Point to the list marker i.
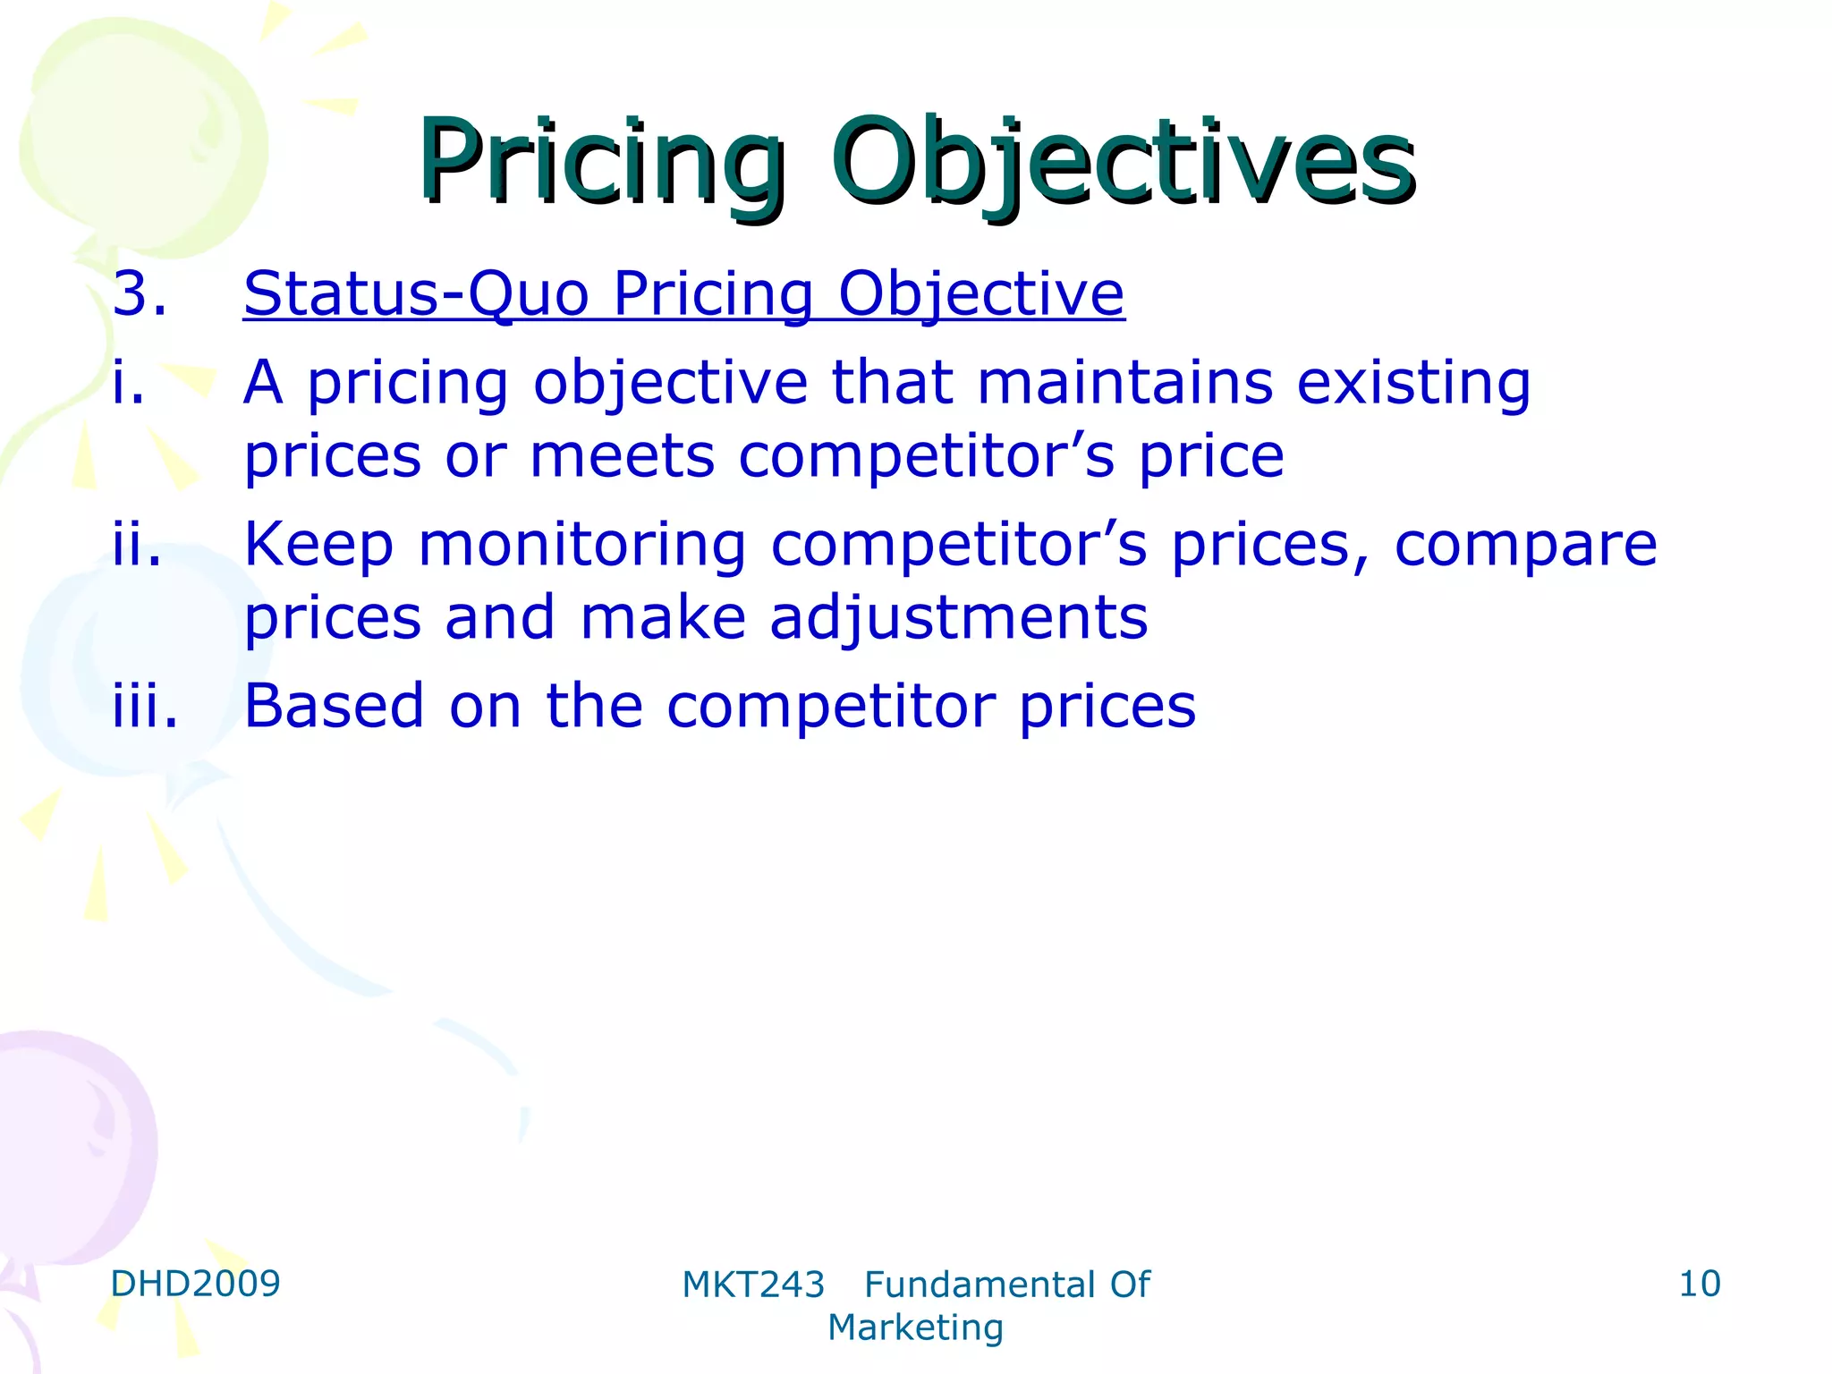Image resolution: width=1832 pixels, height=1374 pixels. (x=129, y=383)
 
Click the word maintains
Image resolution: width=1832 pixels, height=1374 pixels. (x=1124, y=383)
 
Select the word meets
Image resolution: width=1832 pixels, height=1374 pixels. (x=622, y=456)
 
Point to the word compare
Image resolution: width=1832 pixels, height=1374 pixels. (x=1525, y=546)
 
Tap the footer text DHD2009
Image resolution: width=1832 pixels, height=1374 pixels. (x=195, y=1284)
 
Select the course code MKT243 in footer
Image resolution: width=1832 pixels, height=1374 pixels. (x=752, y=1285)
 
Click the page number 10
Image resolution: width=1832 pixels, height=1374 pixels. (x=1699, y=1284)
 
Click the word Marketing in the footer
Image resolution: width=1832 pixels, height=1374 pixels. (x=915, y=1327)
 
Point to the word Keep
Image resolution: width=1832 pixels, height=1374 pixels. (x=318, y=546)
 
